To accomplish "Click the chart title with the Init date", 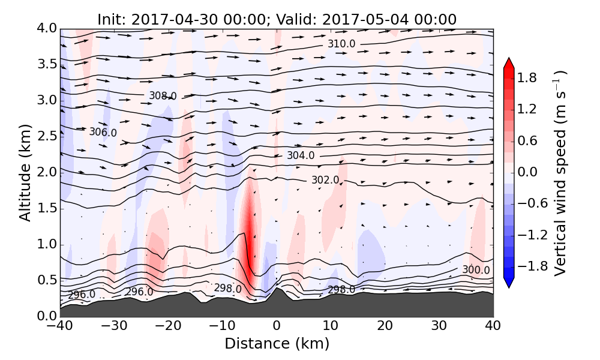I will click(x=277, y=19).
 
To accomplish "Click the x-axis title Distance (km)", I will click(x=277, y=343).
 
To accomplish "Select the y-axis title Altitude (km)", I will click(x=25, y=173).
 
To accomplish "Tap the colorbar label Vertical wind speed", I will click(x=560, y=173).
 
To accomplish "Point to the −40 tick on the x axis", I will click(x=60, y=327).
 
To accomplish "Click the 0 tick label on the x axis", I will click(x=277, y=327).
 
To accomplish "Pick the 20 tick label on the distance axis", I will click(x=385, y=327).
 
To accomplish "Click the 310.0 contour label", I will click(x=341, y=44).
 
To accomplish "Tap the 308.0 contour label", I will click(x=163, y=95).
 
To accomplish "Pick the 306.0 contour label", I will click(x=103, y=132).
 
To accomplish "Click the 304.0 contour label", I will click(x=301, y=155).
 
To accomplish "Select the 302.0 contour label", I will click(x=325, y=180).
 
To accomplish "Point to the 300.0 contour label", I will click(x=476, y=271).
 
